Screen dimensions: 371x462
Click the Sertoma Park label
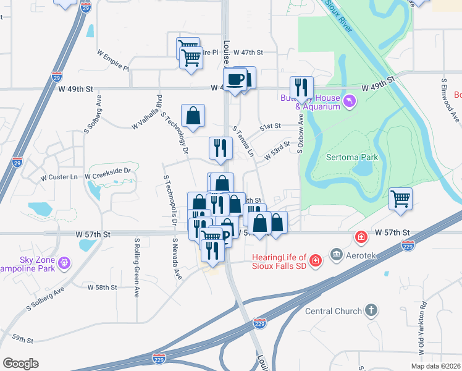pos(351,157)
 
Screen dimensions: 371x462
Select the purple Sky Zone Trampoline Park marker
pos(64,265)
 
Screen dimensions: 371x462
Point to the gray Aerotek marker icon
pos(336,254)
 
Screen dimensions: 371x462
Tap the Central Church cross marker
pos(371,310)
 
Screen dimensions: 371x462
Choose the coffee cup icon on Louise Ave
pos(235,80)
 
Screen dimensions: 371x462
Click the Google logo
pos(20,364)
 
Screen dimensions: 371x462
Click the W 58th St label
pos(102,288)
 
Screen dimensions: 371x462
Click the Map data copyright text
pos(435,366)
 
